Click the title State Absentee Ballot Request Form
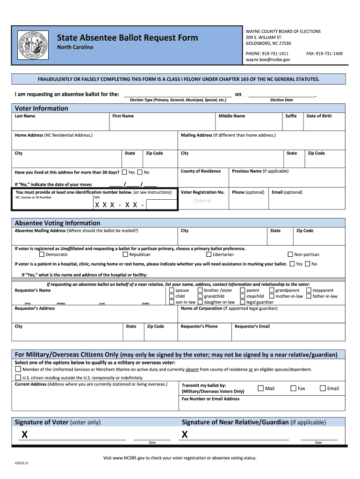pos(127,38)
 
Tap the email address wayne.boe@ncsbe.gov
pos(268,60)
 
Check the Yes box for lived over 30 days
pos(124,172)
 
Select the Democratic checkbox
pos(42,254)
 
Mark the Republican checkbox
pos(125,254)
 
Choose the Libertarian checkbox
pos(209,254)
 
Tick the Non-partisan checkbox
pos(290,254)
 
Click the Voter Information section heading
pos(41,109)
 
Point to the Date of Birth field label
pos(319,116)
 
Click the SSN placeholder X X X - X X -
pos(119,205)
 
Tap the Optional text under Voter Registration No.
pos(202,201)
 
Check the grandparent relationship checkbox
pos(272,290)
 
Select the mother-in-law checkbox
pos(272,296)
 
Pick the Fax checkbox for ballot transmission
pos(294,388)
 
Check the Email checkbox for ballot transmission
pos(323,388)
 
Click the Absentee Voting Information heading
pos(58,223)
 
